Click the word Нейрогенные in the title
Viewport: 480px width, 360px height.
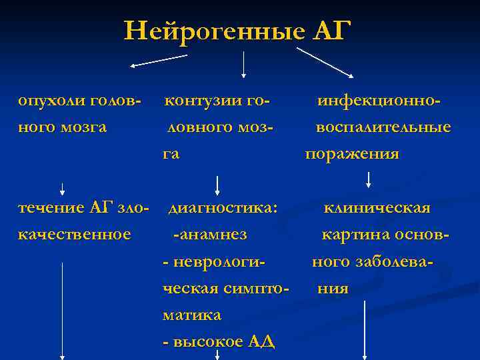click(214, 31)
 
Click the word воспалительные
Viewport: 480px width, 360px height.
click(383, 127)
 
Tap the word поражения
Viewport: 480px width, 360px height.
click(353, 154)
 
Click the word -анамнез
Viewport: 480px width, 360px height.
click(209, 234)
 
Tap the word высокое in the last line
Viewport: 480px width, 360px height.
click(207, 341)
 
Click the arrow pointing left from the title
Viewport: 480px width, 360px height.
click(158, 61)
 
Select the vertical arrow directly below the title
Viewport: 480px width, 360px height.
click(244, 65)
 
